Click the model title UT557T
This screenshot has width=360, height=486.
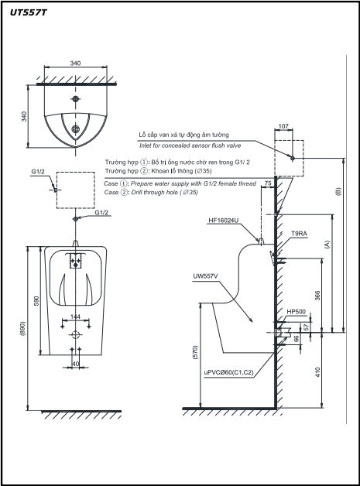coord(28,12)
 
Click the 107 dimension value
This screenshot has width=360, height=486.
coord(283,126)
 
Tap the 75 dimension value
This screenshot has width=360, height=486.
coord(268,183)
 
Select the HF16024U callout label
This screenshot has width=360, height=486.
coord(223,221)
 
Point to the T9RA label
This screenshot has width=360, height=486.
coord(299,234)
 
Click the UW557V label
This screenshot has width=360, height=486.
coord(205,276)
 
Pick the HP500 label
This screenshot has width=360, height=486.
coord(296,312)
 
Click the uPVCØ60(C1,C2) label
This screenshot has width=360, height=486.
coord(229,372)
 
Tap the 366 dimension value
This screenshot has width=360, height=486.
coord(317,296)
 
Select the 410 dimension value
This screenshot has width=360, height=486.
coord(317,372)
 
